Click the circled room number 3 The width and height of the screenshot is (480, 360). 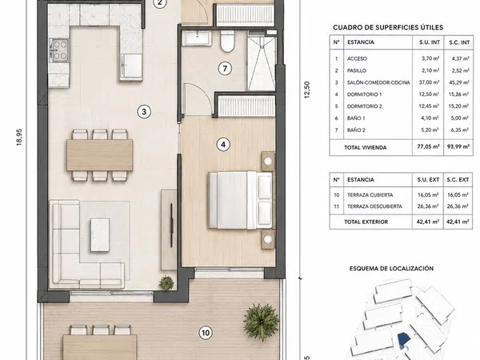(x=144, y=112)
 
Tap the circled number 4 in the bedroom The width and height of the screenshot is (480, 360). (x=223, y=144)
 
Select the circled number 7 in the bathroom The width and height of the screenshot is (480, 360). (x=225, y=68)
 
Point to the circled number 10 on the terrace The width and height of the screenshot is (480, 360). (x=206, y=333)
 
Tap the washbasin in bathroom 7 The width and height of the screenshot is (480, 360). (x=197, y=38)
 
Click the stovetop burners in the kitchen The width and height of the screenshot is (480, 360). (x=58, y=50)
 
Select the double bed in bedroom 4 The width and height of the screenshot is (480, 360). (x=240, y=200)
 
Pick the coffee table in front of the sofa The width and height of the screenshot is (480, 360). (x=100, y=234)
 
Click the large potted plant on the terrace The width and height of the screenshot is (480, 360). (x=261, y=322)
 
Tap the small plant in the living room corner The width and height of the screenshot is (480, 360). (x=166, y=282)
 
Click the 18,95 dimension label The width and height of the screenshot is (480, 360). (x=19, y=137)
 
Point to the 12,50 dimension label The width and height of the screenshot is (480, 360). (x=307, y=90)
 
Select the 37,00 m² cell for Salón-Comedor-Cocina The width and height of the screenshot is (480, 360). (x=429, y=82)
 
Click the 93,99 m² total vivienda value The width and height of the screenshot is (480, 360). (x=458, y=146)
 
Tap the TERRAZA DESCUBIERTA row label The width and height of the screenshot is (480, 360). (x=374, y=206)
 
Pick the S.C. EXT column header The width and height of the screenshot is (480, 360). (x=458, y=180)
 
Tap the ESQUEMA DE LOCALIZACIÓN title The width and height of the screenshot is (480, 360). (x=391, y=269)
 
